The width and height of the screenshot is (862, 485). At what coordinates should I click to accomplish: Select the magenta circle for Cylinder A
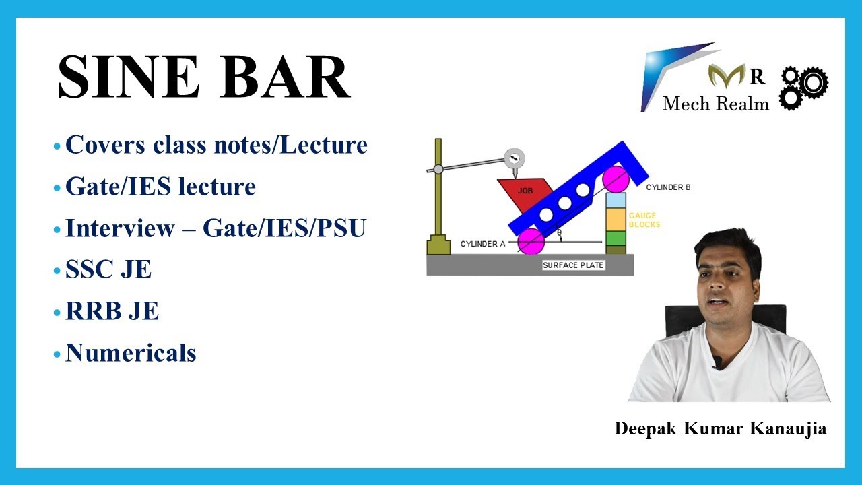click(x=531, y=241)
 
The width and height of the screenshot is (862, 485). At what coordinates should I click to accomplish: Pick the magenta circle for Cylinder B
click(x=616, y=179)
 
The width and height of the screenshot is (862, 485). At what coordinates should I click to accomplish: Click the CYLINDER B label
click(x=668, y=187)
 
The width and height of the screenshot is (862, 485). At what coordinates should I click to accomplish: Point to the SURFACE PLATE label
click(x=573, y=265)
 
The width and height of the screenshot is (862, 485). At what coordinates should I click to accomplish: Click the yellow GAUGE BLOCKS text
click(x=643, y=220)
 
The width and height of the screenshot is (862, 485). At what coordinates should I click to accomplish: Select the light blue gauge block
click(x=616, y=200)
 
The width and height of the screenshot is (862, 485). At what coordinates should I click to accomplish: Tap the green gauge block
click(x=616, y=238)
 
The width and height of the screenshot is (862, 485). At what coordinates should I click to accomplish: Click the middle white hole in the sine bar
click(x=564, y=203)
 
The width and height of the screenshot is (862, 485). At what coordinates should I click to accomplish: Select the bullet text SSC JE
click(x=108, y=270)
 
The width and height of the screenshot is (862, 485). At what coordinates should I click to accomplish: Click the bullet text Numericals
click(x=130, y=353)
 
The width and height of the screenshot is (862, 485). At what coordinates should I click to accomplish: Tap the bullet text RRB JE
click(x=112, y=312)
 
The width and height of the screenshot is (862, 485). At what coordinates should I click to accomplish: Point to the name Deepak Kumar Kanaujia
click(x=720, y=429)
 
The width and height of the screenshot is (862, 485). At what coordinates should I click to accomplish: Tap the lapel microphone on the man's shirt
click(x=718, y=362)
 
